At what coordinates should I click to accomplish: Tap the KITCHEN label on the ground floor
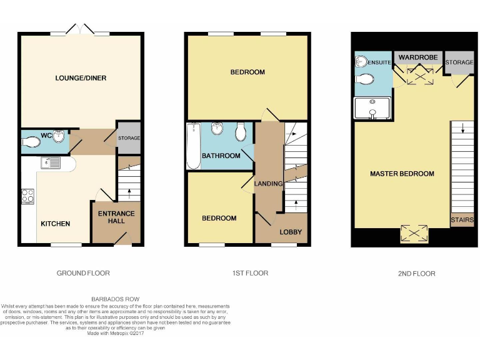56,224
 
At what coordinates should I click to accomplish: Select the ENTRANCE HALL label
117,217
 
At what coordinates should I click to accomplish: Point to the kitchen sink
49,164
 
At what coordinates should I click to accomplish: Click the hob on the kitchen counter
27,196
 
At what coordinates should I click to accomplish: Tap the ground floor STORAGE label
129,138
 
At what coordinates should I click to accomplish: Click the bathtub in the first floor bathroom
192,146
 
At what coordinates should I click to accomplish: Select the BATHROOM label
221,156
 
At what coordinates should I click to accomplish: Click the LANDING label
269,183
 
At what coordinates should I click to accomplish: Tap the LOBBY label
291,232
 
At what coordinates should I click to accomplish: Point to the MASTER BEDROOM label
402,174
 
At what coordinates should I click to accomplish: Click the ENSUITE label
380,62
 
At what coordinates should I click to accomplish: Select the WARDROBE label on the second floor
417,57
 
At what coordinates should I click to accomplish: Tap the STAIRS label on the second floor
462,220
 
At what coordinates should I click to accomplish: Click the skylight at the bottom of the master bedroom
414,234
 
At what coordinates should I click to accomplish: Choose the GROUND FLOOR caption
83,273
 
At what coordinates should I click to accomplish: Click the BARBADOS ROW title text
116,299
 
